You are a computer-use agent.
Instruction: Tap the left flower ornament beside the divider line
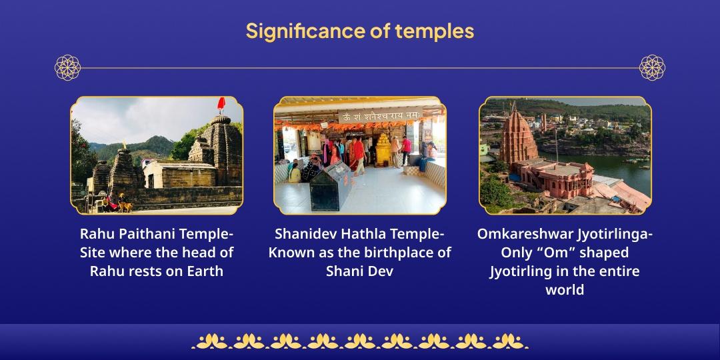coord(67,67)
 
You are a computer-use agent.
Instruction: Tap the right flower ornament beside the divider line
coord(652,67)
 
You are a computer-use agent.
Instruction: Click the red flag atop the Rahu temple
coord(221,104)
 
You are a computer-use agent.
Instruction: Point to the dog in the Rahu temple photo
coord(125,206)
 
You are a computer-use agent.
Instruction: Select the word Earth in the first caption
coord(205,271)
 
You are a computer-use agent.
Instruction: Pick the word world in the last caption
coord(565,289)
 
